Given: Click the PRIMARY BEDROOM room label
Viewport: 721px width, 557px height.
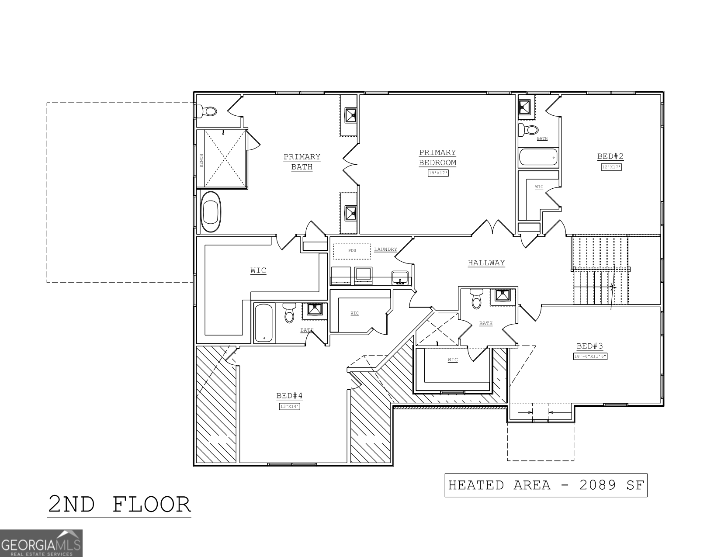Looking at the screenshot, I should (x=437, y=158).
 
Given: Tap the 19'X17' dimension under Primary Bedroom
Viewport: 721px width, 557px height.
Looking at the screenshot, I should (x=438, y=173).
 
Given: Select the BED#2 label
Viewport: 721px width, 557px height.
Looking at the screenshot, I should (x=610, y=156).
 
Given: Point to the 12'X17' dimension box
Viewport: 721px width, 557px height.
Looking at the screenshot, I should (x=611, y=167).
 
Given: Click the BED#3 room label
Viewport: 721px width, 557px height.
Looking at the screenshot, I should (x=589, y=346).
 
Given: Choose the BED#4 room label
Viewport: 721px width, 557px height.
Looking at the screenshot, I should (x=289, y=396).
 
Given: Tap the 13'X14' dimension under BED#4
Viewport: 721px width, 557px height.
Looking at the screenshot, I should (x=290, y=407).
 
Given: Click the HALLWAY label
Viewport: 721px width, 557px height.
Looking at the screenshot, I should (x=486, y=263).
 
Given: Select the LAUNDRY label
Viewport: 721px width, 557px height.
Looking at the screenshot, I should (x=385, y=249).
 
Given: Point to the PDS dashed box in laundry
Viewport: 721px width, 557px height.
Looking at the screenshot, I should (x=352, y=251).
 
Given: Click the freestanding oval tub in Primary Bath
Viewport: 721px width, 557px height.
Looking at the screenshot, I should (x=211, y=211).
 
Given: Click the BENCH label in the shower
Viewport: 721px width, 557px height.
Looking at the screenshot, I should (x=201, y=160).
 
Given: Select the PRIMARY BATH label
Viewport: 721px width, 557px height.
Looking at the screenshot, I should (x=302, y=162).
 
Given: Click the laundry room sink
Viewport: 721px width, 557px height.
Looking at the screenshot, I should (x=400, y=277).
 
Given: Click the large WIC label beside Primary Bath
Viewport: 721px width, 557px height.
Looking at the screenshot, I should (x=258, y=271).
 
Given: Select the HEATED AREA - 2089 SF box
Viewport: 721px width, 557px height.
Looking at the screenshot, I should (x=546, y=485).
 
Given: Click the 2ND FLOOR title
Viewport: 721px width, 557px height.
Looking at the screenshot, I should (x=119, y=504).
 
